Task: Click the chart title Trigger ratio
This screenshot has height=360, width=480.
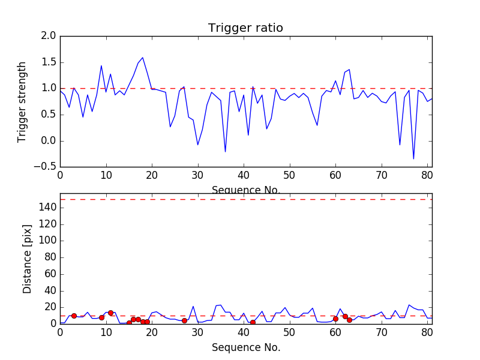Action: pyautogui.click(x=245, y=28)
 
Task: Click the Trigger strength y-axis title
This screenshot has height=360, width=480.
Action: pyautogui.click(x=22, y=101)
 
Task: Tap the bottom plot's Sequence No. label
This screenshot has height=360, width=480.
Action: pyautogui.click(x=246, y=347)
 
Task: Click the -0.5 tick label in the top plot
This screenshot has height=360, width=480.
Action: pyautogui.click(x=46, y=167)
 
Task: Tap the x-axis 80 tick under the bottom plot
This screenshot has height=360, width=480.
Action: pyautogui.click(x=427, y=332)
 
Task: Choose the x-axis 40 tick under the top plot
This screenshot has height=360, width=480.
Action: pyautogui.click(x=244, y=175)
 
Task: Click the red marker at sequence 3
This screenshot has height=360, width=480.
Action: pyautogui.click(x=74, y=316)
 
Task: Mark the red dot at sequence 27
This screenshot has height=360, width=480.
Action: pyautogui.click(x=184, y=320)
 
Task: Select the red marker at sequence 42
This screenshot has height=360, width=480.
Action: pyautogui.click(x=253, y=322)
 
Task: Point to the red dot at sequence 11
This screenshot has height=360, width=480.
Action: pyautogui.click(x=110, y=313)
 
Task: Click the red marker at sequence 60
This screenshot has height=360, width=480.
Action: pyautogui.click(x=335, y=319)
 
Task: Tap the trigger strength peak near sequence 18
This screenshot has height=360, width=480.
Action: pyautogui.click(x=143, y=58)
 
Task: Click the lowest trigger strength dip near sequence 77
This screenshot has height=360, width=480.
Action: pyautogui.click(x=413, y=159)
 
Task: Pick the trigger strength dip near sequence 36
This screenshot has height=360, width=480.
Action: pyautogui.click(x=226, y=152)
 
